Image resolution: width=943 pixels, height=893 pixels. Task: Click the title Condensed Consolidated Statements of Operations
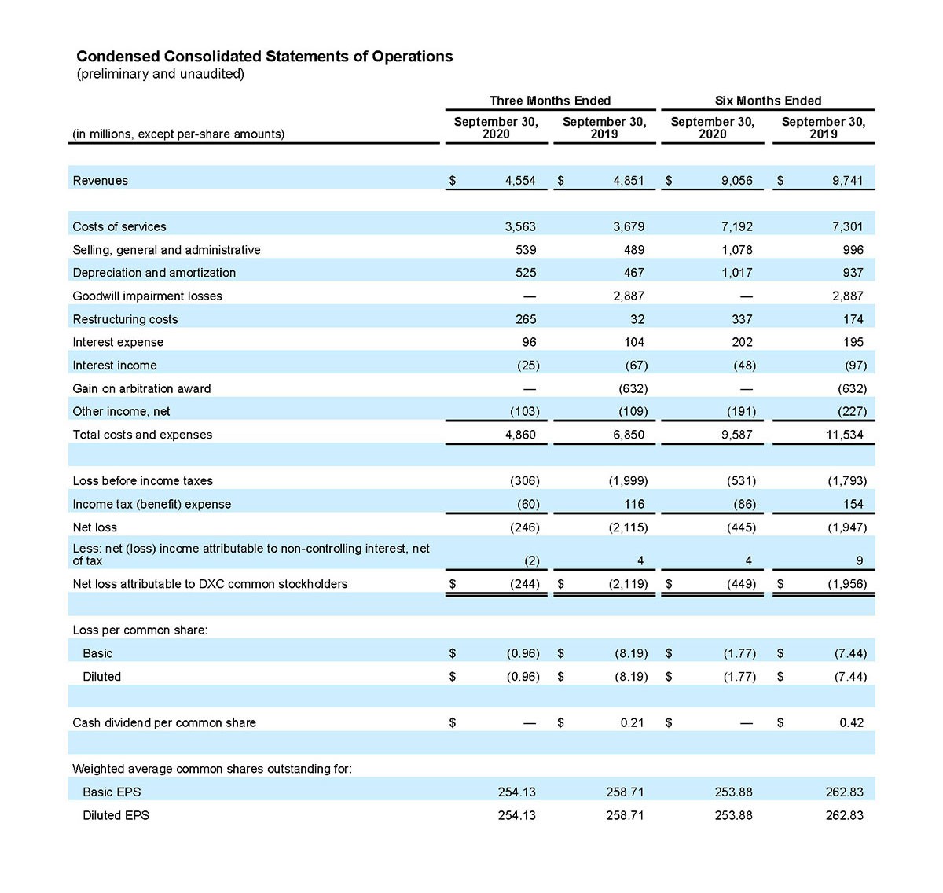point(264,57)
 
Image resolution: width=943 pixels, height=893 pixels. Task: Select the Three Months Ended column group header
point(550,101)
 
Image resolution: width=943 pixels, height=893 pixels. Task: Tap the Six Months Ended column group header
point(768,101)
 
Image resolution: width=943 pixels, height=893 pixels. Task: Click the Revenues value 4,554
point(520,181)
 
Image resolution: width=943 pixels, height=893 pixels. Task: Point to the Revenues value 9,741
point(847,181)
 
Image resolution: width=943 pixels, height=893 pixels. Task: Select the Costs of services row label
point(119,227)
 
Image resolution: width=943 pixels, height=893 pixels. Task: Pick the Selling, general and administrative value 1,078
point(736,250)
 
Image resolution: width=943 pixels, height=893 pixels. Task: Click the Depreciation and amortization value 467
point(633,273)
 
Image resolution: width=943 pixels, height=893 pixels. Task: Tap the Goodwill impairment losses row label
point(147,296)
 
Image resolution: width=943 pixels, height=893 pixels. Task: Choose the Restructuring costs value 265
point(526,319)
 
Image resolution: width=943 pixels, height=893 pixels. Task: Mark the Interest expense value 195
point(853,343)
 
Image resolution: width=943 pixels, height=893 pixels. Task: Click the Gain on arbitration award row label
point(141,388)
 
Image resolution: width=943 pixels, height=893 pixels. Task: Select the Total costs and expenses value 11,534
point(844,435)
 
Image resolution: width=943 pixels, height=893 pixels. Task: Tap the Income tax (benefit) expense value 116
point(633,504)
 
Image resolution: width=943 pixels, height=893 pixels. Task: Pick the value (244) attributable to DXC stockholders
point(524,584)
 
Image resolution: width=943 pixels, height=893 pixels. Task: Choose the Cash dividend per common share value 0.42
point(851,722)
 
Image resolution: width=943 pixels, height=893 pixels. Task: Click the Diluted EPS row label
point(116,815)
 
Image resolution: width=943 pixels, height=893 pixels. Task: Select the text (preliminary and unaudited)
point(160,74)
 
